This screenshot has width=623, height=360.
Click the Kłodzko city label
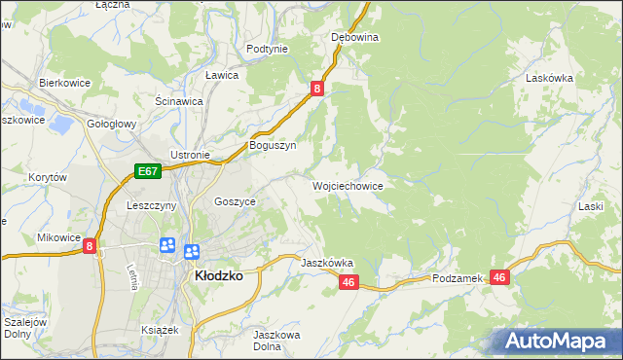219,275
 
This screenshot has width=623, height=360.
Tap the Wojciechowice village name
347,185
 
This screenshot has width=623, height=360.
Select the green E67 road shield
147,172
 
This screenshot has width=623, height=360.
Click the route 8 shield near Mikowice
90,247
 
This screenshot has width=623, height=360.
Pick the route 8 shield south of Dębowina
317,89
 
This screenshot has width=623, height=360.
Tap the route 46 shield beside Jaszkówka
350,282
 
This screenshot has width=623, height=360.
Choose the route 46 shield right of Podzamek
499,277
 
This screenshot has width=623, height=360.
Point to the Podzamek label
458,278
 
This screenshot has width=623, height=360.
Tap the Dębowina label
354,37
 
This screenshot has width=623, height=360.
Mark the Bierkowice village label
64,83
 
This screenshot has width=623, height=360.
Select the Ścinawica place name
178,100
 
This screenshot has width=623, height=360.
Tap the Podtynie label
267,49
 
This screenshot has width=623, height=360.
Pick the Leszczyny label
151,205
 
